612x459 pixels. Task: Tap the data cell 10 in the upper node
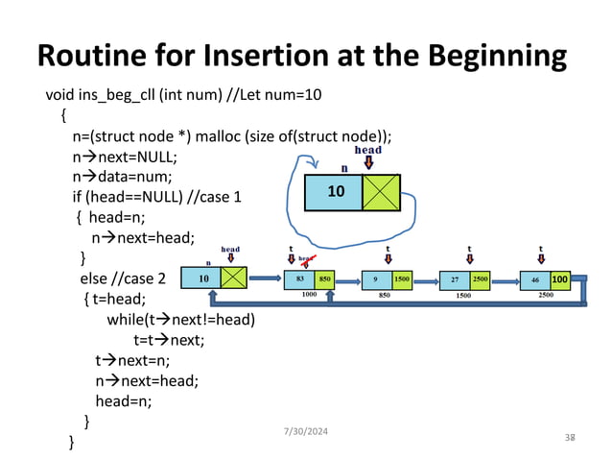[335, 192]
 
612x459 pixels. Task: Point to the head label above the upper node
[368, 150]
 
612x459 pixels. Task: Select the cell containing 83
[300, 279]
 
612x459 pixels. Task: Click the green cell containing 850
[325, 279]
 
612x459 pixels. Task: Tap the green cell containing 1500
[401, 279]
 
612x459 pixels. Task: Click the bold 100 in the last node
[560, 279]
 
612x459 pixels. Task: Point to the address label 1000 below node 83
[309, 295]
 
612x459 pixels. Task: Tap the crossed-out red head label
[306, 258]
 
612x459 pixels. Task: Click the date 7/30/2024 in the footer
[298, 432]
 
